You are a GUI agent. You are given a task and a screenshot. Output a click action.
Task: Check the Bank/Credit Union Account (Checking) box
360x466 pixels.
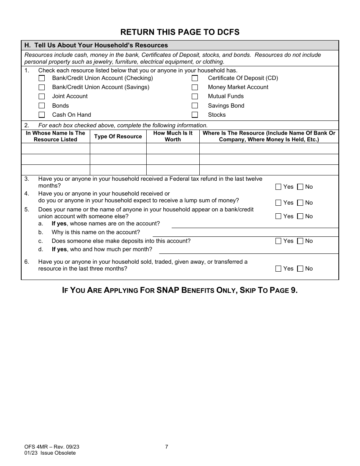[42, 78]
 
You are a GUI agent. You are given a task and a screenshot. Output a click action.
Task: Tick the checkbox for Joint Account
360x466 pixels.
[42, 97]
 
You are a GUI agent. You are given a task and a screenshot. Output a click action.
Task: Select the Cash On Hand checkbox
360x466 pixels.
[42, 115]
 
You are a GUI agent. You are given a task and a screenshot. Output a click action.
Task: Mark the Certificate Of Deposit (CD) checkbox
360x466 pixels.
[195, 78]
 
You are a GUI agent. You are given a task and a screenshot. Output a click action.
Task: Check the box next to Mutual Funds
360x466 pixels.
[195, 97]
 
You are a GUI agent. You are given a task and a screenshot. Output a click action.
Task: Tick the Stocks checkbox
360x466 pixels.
[195, 115]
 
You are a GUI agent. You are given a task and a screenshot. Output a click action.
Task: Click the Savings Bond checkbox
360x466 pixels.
[195, 106]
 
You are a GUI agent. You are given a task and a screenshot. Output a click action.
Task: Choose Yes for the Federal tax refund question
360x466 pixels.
[278, 187]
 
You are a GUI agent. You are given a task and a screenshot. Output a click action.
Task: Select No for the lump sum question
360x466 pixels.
[300, 203]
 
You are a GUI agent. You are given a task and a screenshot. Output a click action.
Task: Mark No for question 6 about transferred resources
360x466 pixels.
[300, 269]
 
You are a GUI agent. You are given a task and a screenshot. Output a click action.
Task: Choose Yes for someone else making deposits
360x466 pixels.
[278, 241]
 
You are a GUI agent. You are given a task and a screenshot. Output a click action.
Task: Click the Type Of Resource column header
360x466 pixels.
[118, 136]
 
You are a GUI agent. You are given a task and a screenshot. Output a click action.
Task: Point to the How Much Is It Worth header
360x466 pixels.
[173, 136]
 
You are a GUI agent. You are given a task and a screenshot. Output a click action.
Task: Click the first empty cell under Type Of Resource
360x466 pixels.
[118, 149]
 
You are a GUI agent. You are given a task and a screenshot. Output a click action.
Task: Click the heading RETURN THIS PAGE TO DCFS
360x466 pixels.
[180, 32]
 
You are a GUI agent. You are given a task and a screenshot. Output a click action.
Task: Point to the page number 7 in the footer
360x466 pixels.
[167, 447]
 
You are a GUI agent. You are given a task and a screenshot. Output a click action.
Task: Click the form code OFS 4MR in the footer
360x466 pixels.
[34, 447]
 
